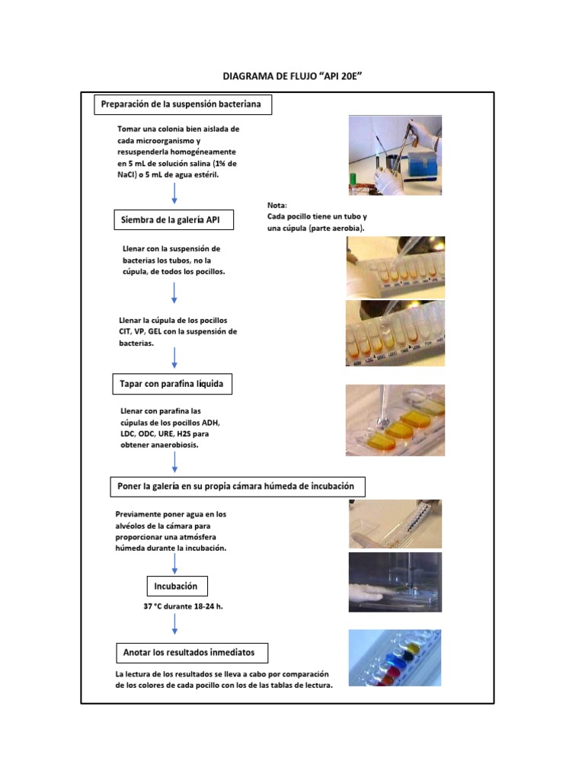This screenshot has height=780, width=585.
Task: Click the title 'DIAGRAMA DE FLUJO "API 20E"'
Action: click(x=292, y=77)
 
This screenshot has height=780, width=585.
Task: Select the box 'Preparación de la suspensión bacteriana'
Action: click(x=182, y=104)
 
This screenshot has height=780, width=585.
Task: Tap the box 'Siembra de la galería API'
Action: click(x=174, y=220)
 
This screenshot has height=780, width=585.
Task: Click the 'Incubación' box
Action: click(x=176, y=586)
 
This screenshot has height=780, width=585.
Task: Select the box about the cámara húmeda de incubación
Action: click(x=236, y=486)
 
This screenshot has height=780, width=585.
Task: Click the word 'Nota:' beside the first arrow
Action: click(x=277, y=206)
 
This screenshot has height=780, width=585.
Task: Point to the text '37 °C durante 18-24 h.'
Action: click(x=177, y=606)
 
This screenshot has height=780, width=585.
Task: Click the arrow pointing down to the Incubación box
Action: click(x=175, y=564)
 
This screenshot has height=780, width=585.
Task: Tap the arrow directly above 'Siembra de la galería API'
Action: click(x=174, y=193)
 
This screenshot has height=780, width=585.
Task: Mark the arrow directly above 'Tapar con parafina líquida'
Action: click(x=175, y=357)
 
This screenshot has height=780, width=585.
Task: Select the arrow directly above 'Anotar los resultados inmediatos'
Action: click(x=175, y=624)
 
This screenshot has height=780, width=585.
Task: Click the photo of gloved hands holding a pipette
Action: click(x=395, y=155)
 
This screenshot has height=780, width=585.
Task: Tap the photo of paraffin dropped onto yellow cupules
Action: click(x=395, y=420)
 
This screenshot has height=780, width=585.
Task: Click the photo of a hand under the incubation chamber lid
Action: click(x=395, y=583)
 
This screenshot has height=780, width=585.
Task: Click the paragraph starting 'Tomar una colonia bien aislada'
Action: click(x=177, y=152)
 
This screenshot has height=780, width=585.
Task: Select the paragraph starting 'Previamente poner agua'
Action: click(x=171, y=531)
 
